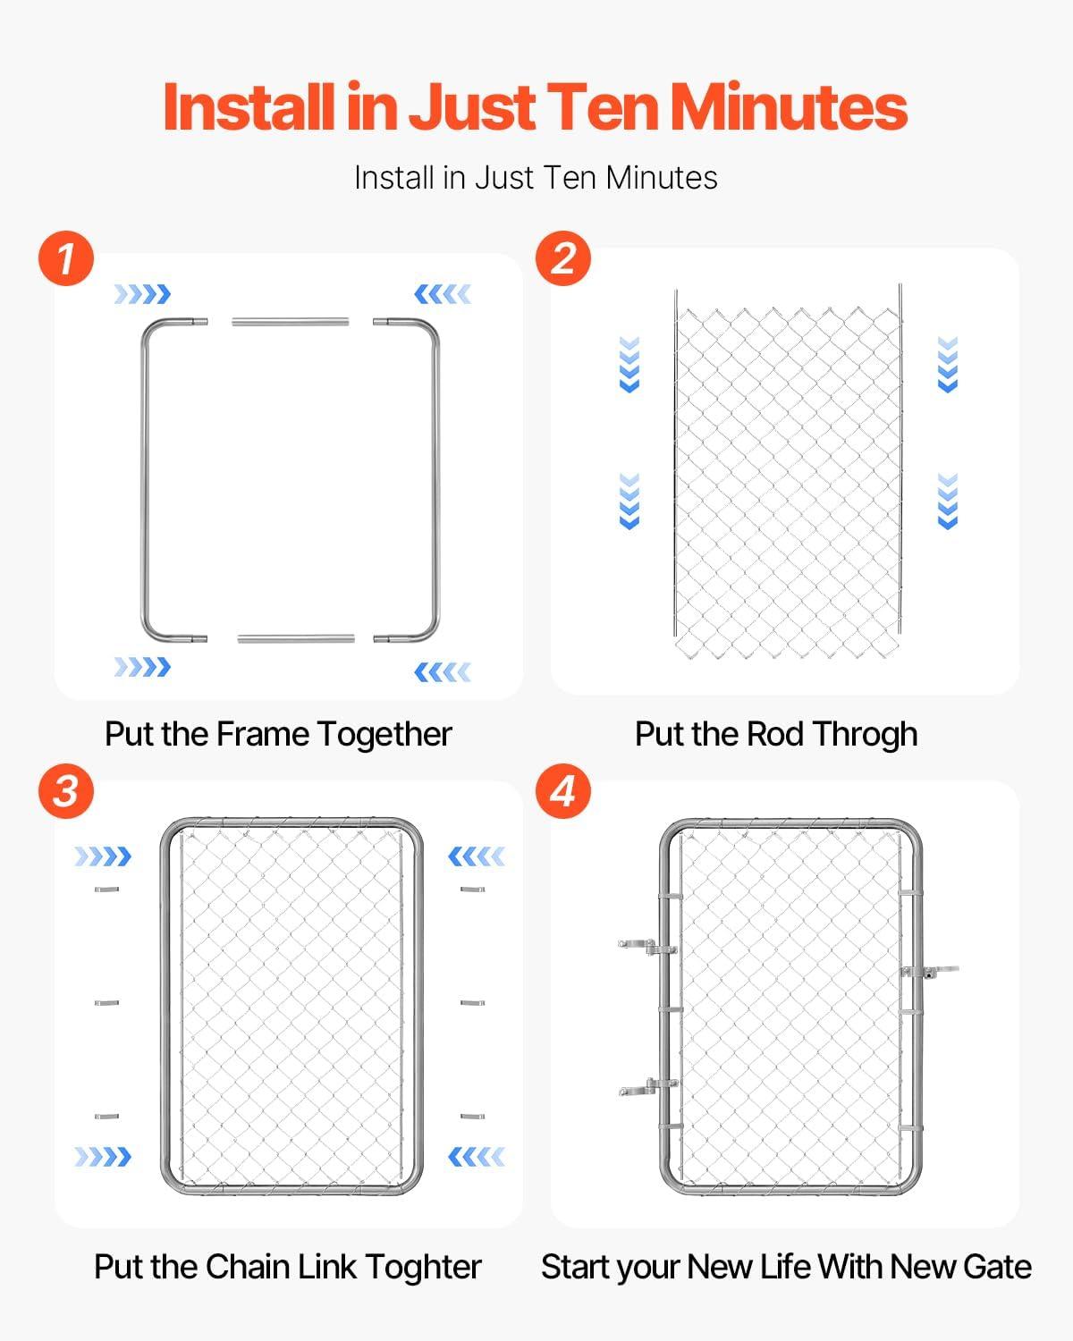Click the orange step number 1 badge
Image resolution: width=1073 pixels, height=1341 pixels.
pyautogui.click(x=66, y=258)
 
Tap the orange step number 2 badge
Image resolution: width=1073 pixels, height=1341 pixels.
pyautogui.click(x=563, y=258)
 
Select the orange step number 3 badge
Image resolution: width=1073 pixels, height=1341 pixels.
pyautogui.click(x=66, y=791)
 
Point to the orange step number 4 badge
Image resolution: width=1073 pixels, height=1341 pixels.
pyautogui.click(x=563, y=791)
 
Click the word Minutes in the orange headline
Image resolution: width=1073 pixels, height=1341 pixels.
pyautogui.click(x=788, y=108)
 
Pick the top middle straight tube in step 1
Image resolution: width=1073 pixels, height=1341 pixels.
pyautogui.click(x=291, y=322)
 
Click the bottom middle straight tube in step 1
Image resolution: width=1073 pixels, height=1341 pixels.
pyautogui.click(x=296, y=638)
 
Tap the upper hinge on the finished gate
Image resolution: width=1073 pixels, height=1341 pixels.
pyautogui.click(x=648, y=948)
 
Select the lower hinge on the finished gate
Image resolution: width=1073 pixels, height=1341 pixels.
pyautogui.click(x=648, y=1087)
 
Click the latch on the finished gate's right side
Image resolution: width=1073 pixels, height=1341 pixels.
pyautogui.click(x=930, y=971)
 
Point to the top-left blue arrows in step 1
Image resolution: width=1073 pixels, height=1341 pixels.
pyautogui.click(x=143, y=294)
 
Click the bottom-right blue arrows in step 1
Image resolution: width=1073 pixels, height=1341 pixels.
pyautogui.click(x=443, y=672)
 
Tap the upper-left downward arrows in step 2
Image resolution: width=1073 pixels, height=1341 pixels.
pyautogui.click(x=629, y=365)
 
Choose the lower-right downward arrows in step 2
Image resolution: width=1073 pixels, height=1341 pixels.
pyautogui.click(x=948, y=502)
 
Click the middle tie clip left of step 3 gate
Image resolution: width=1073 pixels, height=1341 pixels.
pyautogui.click(x=106, y=1003)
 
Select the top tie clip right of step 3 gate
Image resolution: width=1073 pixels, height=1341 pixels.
pyautogui.click(x=473, y=890)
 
